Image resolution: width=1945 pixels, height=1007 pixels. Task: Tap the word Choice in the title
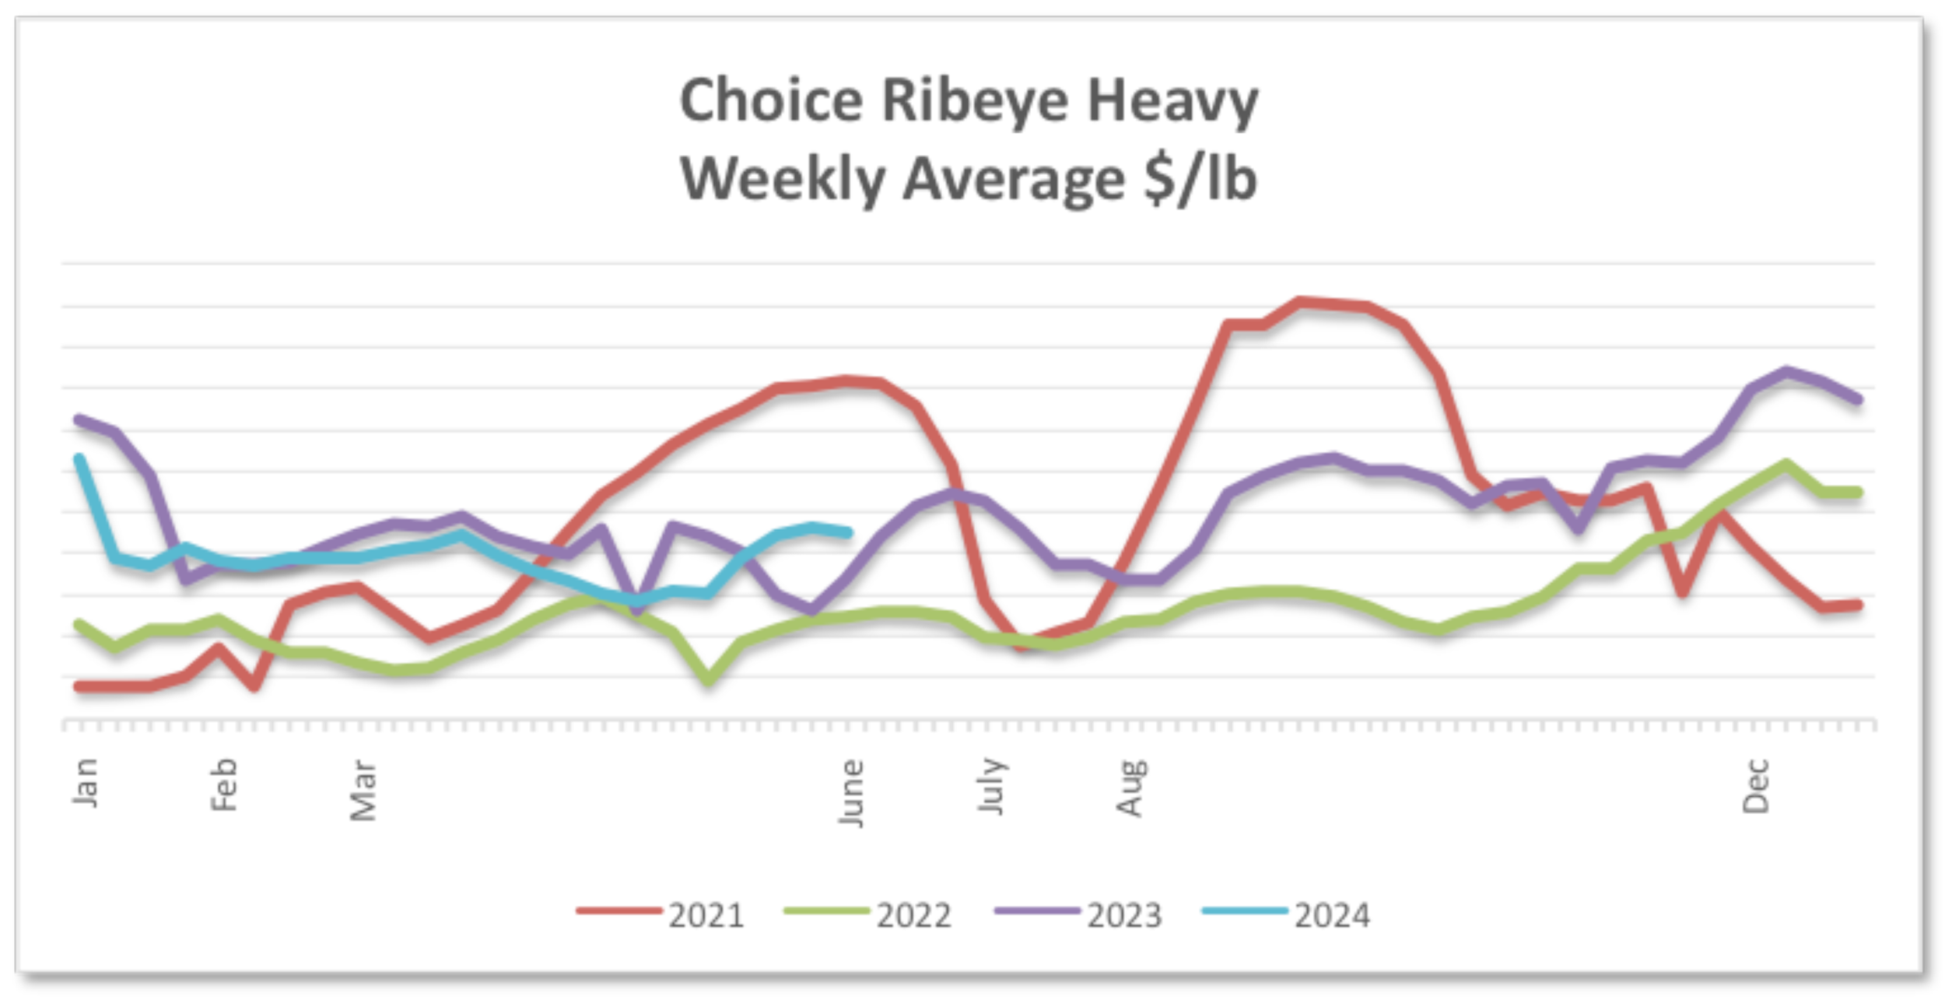click(x=771, y=100)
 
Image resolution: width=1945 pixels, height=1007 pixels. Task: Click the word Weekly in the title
click(x=783, y=179)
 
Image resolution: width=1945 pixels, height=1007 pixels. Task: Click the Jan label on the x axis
click(x=85, y=783)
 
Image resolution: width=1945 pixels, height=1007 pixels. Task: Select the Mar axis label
click(x=363, y=790)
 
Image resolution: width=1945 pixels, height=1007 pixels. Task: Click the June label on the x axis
click(x=851, y=793)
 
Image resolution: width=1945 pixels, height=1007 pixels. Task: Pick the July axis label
click(x=991, y=786)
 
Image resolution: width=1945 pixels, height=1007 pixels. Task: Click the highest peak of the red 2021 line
click(x=1299, y=301)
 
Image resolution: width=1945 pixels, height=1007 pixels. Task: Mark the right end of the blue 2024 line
click(x=849, y=533)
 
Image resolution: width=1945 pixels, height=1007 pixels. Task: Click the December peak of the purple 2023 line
click(x=1786, y=370)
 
